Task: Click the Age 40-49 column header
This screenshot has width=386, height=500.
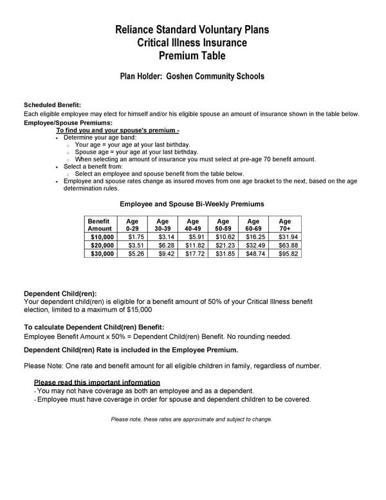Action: click(x=192, y=224)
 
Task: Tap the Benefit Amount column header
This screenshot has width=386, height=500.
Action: click(x=100, y=224)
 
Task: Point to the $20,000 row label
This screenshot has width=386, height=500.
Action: click(x=102, y=245)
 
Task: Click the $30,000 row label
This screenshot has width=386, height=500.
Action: click(x=102, y=254)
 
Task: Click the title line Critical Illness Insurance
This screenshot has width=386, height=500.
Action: click(x=192, y=43)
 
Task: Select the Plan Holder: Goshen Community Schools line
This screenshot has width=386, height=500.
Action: click(x=192, y=76)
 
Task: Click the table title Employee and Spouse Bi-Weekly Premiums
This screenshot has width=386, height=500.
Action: click(x=192, y=204)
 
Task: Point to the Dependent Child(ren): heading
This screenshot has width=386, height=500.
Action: click(x=60, y=293)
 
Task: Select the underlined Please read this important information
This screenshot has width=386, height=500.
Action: click(x=96, y=382)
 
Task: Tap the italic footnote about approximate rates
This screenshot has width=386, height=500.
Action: click(x=192, y=419)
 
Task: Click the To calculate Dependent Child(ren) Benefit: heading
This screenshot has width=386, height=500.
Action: click(x=94, y=327)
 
